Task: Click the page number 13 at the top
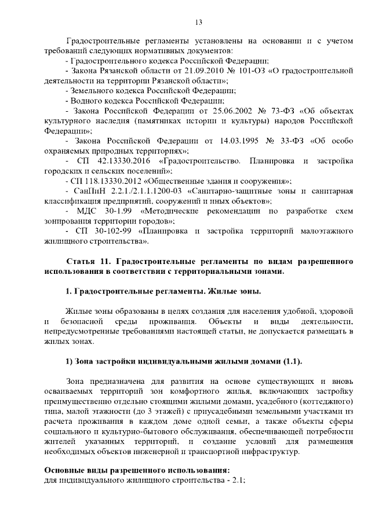tap(198, 23)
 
